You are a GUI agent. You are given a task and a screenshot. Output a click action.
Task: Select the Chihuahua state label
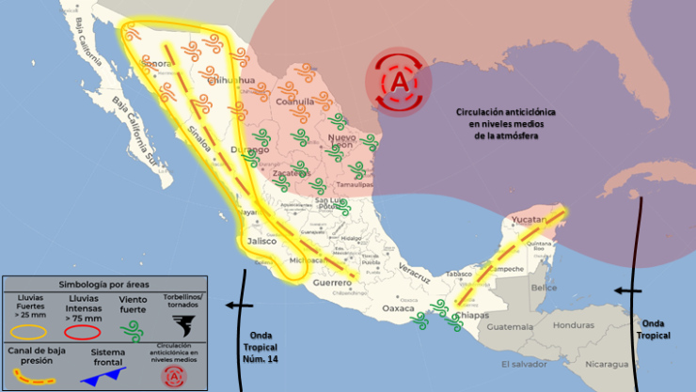(x=231, y=81)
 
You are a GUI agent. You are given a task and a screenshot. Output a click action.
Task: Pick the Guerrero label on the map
(x=332, y=282)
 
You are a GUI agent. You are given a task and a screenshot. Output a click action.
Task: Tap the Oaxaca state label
(x=398, y=307)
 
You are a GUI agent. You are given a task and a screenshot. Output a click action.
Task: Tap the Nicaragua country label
(x=605, y=363)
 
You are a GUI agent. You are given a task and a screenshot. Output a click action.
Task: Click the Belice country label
(x=545, y=287)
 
